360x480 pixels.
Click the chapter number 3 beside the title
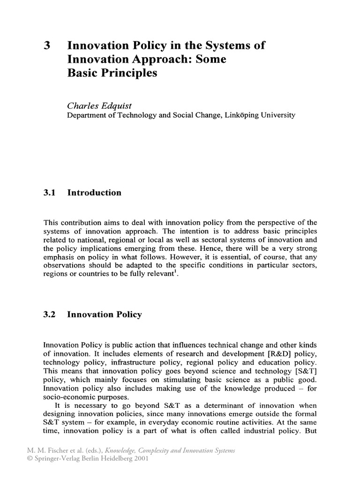(46, 46)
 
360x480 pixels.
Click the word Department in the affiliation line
(89, 115)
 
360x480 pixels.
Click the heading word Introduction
(94, 193)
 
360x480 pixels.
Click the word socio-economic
(71, 397)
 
